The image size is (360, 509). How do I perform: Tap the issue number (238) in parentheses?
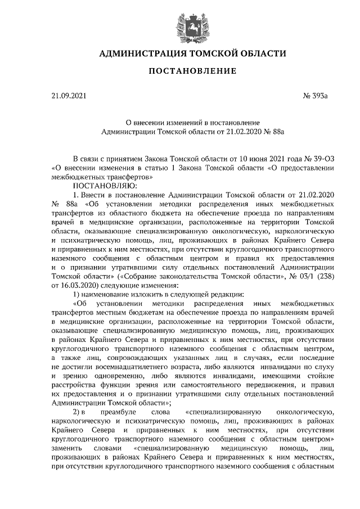pyautogui.click(x=322, y=277)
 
